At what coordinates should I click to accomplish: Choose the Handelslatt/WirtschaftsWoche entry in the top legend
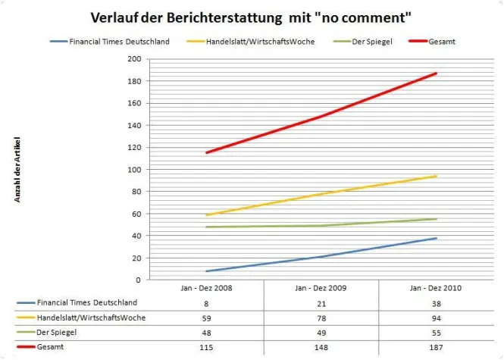click(260, 41)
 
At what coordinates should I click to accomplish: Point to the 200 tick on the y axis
click(135, 59)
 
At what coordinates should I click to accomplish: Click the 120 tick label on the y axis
click(135, 147)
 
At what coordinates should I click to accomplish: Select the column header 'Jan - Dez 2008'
click(206, 287)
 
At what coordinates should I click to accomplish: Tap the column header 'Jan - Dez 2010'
click(435, 287)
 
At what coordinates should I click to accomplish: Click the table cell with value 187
click(435, 347)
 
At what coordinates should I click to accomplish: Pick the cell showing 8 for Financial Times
click(206, 302)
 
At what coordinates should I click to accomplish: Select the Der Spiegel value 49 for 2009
click(321, 332)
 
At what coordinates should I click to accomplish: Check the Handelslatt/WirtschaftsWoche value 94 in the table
click(435, 318)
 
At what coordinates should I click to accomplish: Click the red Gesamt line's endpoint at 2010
click(436, 74)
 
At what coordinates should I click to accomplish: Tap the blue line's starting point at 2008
click(206, 271)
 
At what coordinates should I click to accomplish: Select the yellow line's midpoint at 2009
click(321, 194)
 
